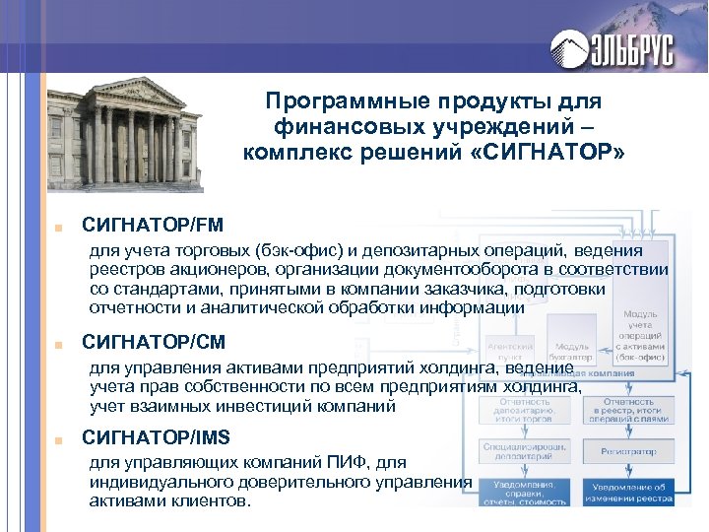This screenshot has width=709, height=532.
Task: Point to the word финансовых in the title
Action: pos(341,126)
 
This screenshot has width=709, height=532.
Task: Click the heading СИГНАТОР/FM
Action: pos(153,226)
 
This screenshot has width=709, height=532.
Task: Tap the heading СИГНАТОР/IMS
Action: pos(159,436)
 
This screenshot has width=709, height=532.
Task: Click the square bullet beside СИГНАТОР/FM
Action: pos(60,227)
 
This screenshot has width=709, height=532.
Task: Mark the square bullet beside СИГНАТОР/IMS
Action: pos(60,437)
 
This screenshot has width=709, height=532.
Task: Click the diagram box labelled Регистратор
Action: pos(627,451)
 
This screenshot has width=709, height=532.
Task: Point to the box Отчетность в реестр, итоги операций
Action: pos(628,408)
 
